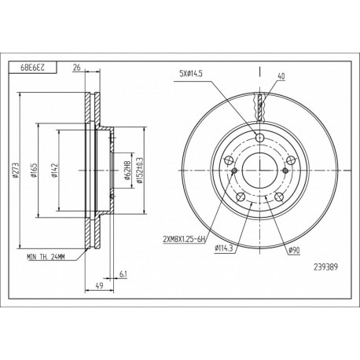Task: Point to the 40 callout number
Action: [x=281, y=76]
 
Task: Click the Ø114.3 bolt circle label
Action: [x=226, y=250]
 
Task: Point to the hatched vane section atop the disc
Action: [x=259, y=103]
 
